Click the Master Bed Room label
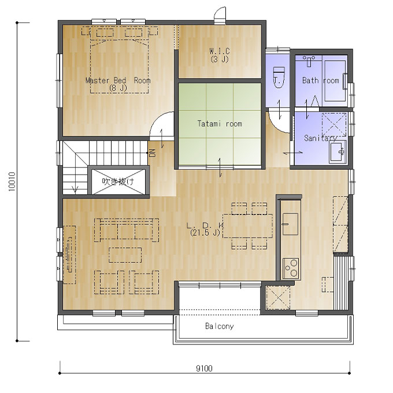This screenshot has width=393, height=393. pos(118,80)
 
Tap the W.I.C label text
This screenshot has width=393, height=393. pos(220,51)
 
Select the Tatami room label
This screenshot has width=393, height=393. pos(220,124)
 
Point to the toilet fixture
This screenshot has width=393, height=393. pos(279,77)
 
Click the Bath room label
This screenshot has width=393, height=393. pos(321,80)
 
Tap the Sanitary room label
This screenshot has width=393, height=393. pos(321,138)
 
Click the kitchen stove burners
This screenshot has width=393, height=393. pos(291,269)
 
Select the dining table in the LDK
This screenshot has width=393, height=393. pos(247,226)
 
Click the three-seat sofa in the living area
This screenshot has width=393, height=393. pos(127,230)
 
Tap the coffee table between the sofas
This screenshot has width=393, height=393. pos(125,255)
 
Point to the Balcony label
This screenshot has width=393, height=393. pos(219,326)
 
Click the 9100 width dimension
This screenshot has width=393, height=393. pos(204,369)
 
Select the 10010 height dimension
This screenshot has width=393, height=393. pos(12,181)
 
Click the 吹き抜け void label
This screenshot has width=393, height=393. pos(118,181)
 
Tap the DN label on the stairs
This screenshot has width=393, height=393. pos(153,153)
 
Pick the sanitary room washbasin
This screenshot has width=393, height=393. pos(338,151)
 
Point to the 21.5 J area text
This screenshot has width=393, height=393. pos(205,233)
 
